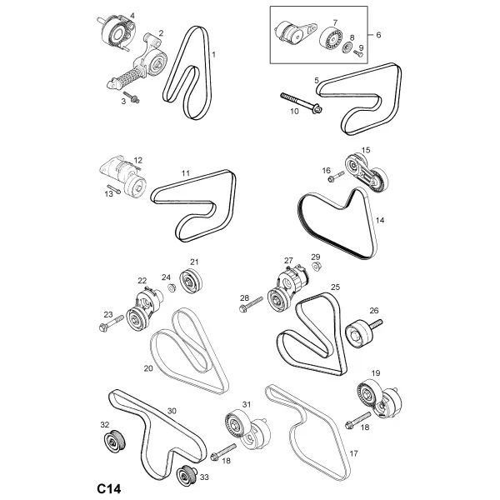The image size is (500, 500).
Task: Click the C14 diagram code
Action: (109, 488)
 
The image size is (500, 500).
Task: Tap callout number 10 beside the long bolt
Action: (294, 112)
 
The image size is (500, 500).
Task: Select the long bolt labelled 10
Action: (302, 102)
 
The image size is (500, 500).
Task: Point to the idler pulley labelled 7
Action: (332, 40)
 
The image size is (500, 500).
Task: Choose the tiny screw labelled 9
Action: (358, 53)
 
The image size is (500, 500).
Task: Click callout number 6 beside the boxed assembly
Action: (378, 34)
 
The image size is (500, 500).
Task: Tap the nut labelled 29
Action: (316, 266)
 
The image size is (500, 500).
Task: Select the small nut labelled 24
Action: (172, 288)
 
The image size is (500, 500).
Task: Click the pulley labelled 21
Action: (191, 281)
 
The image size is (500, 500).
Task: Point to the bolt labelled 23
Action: (112, 323)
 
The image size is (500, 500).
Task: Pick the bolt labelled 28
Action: (251, 304)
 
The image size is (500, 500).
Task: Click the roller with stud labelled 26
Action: (362, 332)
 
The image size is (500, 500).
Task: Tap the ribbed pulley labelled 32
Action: (114, 441)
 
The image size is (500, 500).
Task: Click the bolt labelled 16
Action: (336, 176)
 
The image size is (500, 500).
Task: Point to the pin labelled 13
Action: (113, 189)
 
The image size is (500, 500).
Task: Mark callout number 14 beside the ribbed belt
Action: (380, 220)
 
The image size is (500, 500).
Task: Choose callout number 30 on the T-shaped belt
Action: (172, 411)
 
